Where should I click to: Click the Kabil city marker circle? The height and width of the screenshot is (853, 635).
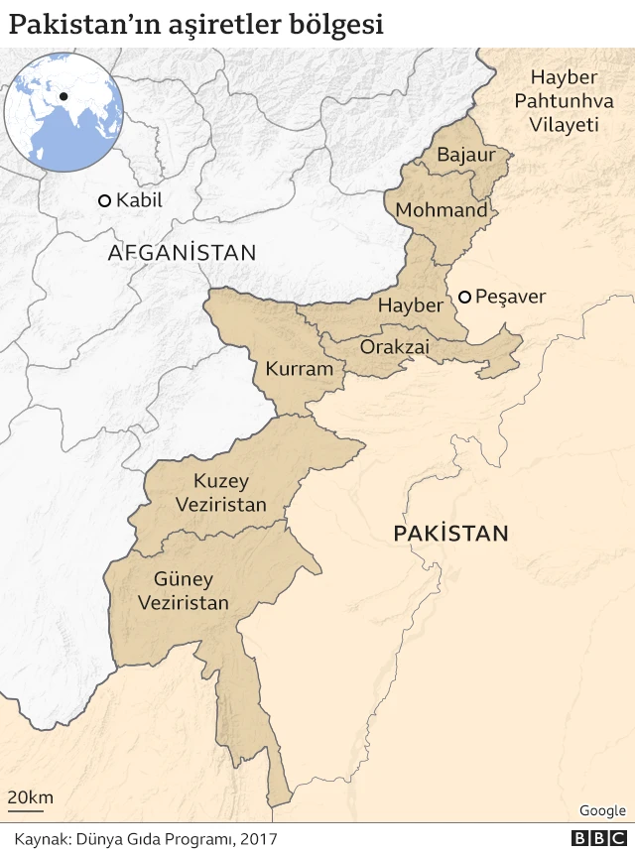tap(103, 200)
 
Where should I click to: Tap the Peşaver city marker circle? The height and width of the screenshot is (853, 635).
tap(463, 297)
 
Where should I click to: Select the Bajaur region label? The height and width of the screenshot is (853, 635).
tap(465, 155)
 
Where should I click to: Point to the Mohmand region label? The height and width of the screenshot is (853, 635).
tap(442, 210)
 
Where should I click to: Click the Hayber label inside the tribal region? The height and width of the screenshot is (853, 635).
tap(410, 305)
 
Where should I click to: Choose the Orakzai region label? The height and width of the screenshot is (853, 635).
tap(394, 347)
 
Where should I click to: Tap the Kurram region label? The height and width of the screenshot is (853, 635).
tap(299, 369)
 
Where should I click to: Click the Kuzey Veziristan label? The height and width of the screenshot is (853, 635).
tap(220, 493)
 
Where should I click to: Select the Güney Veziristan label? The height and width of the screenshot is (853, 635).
tap(184, 590)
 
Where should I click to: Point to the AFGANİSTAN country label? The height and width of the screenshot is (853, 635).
tap(182, 253)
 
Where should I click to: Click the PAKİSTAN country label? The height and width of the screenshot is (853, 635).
tap(450, 534)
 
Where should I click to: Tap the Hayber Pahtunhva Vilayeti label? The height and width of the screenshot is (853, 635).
tap(564, 101)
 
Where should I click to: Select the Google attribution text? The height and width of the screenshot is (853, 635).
tap(602, 810)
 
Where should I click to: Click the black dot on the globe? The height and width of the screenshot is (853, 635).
tap(63, 96)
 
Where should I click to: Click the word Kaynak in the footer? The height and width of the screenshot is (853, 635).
tap(40, 839)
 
